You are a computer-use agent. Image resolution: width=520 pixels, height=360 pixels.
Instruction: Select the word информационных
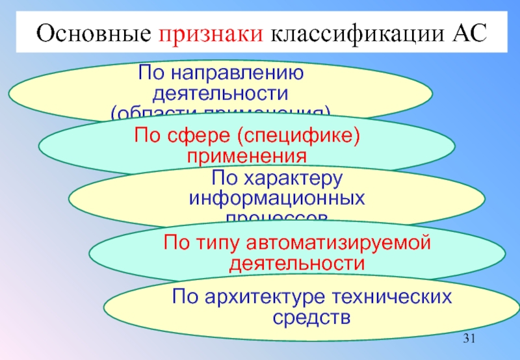pyautogui.click(x=277, y=197)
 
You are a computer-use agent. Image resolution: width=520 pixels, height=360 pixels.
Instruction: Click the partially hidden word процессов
pyautogui.click(x=277, y=216)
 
